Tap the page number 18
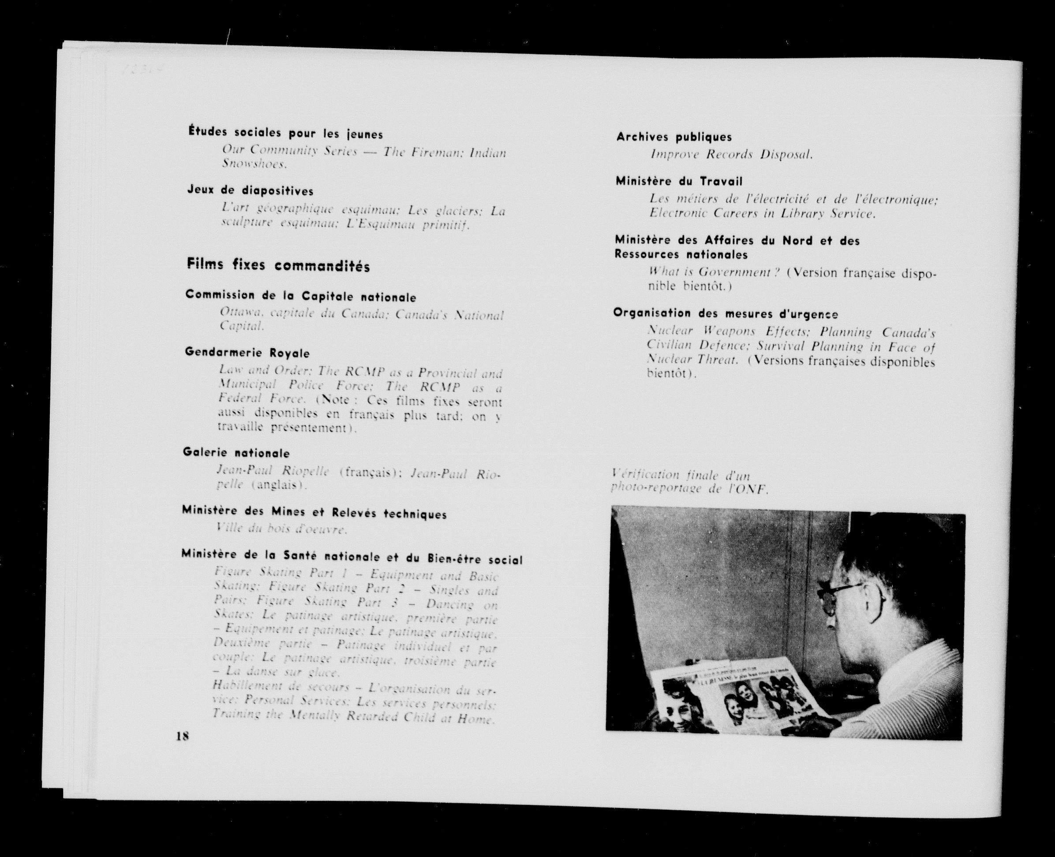[x=182, y=749]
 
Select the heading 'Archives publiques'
[x=673, y=137]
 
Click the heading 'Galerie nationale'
[x=236, y=453]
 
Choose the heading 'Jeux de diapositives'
[x=250, y=190]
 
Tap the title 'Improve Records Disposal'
[x=731, y=155]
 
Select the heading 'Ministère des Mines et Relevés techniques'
[x=314, y=512]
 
